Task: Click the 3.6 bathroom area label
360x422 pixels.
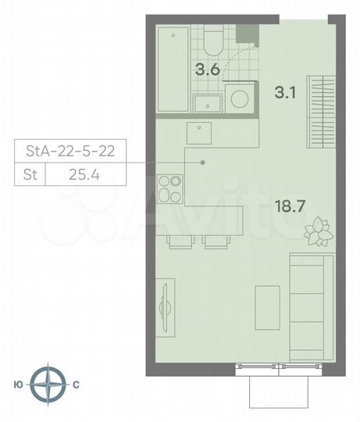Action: pyautogui.click(x=206, y=68)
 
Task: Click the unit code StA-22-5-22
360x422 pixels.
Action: pyautogui.click(x=69, y=152)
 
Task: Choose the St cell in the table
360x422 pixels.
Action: pyautogui.click(x=29, y=173)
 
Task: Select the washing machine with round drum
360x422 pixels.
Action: pyautogui.click(x=240, y=99)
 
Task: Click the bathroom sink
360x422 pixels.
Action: pyautogui.click(x=207, y=103)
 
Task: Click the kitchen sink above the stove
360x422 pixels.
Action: pyautogui.click(x=200, y=133)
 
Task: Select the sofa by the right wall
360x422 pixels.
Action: pyautogui.click(x=306, y=298)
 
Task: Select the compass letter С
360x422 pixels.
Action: pyautogui.click(x=76, y=384)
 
